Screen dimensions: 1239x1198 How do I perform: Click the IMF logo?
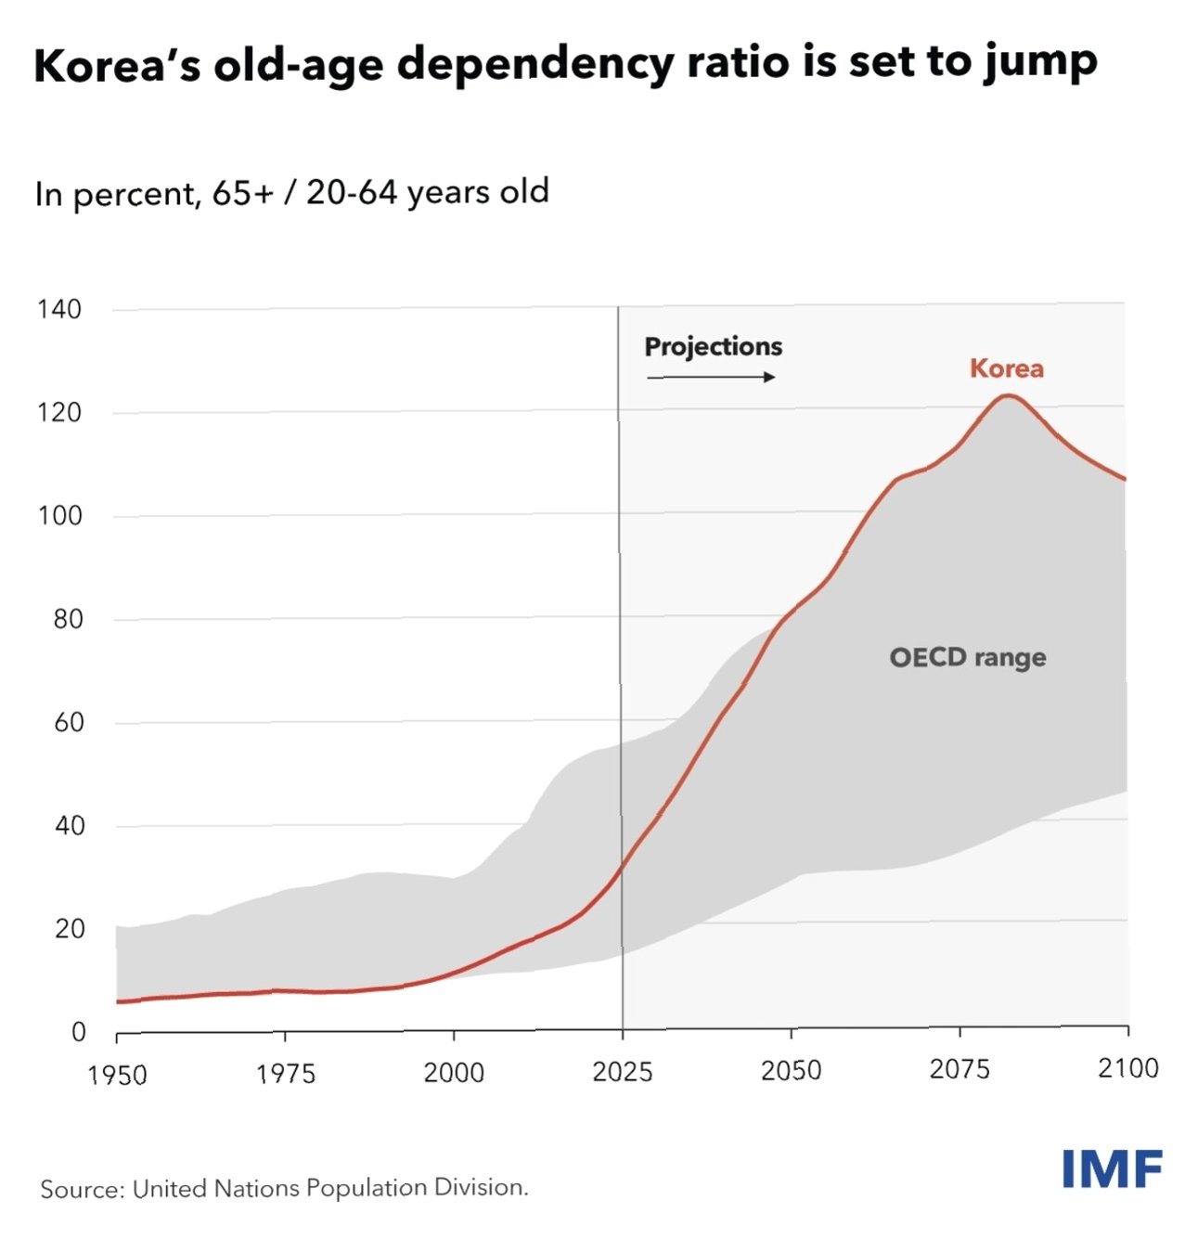[1112, 1169]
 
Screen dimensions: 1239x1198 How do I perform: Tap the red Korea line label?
[1006, 368]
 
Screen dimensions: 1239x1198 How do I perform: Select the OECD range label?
[967, 657]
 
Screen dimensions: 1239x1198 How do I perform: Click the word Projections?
[713, 346]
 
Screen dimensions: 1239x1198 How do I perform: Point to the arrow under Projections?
[711, 377]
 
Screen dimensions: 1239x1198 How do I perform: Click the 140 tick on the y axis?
[59, 309]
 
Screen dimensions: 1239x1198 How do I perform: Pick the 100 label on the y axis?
[59, 516]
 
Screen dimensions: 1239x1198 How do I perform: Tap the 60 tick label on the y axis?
[69, 722]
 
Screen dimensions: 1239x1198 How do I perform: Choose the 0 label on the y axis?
[78, 1032]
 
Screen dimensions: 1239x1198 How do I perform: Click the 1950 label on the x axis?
[117, 1075]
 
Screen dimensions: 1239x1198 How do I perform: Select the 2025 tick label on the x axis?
[622, 1073]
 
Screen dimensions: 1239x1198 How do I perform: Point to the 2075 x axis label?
[960, 1070]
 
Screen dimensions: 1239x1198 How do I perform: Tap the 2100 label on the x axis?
[1127, 1068]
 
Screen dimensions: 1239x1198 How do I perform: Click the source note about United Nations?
[284, 1188]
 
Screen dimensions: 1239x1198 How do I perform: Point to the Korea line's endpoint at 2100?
[1125, 479]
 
